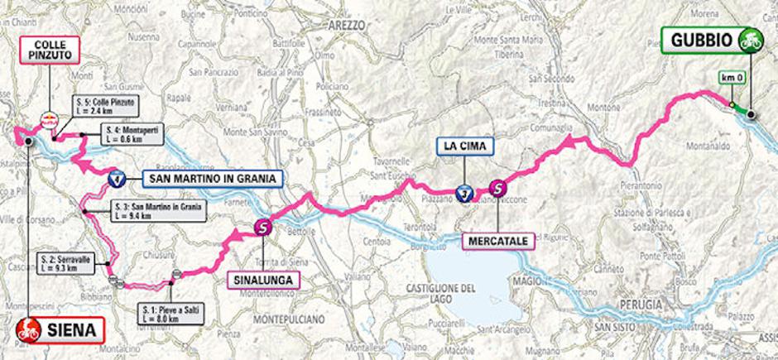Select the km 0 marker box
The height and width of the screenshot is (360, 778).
coord(728,78)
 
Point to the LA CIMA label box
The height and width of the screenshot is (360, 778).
coord(465,147)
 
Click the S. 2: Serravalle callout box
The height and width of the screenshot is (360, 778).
coord(67,264)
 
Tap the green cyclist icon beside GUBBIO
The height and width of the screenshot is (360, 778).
coord(752,39)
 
